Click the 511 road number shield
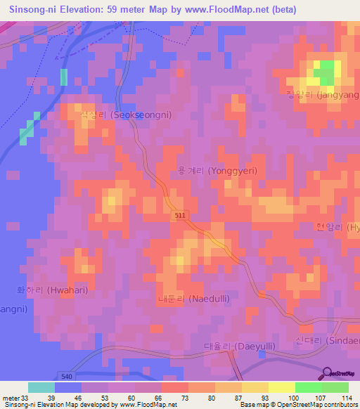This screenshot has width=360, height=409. (181, 219)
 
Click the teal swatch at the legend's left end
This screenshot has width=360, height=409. (41, 387)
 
